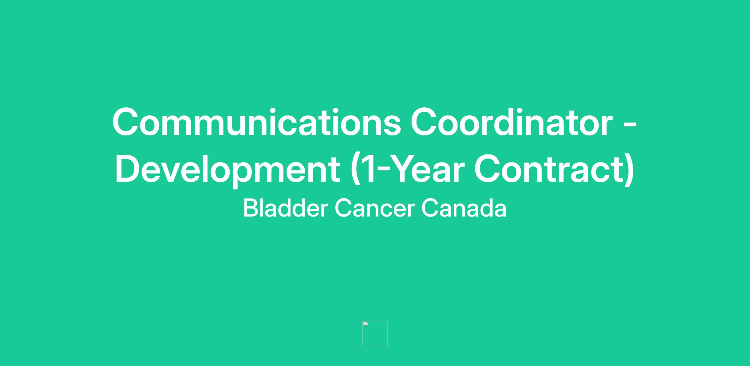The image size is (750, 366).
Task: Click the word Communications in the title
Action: (x=257, y=122)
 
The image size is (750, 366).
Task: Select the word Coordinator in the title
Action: (x=511, y=122)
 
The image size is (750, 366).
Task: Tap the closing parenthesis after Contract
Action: (x=629, y=170)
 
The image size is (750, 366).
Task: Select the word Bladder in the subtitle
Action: (x=286, y=208)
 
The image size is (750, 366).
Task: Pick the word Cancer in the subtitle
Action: (x=374, y=208)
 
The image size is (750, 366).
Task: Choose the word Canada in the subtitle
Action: (x=464, y=208)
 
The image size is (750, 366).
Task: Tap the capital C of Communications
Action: (x=125, y=122)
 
